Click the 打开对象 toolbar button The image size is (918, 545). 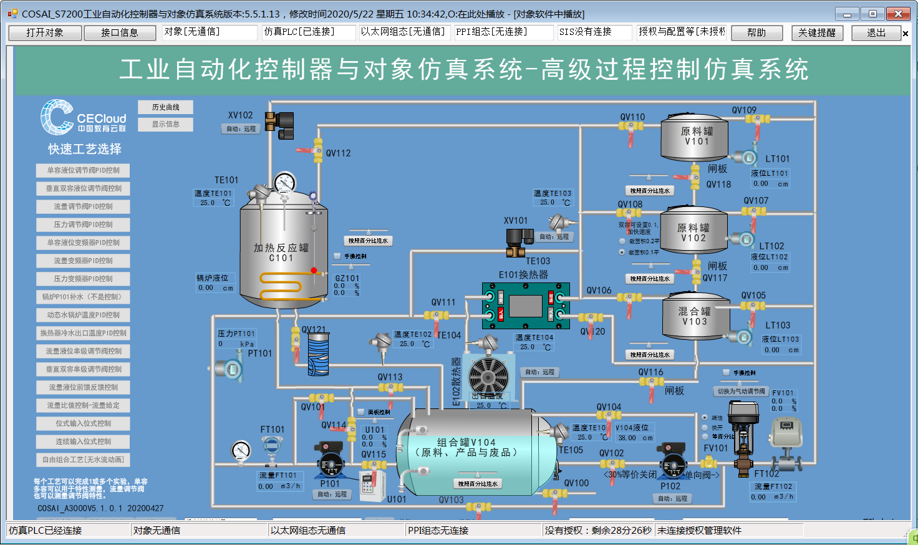click(45, 32)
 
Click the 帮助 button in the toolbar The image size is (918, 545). click(756, 32)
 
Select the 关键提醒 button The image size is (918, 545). click(817, 32)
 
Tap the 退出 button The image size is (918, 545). click(876, 32)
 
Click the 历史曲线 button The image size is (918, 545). click(165, 107)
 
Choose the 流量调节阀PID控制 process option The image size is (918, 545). click(83, 206)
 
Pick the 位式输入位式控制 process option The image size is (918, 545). click(83, 423)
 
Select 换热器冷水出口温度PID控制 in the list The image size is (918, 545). click(83, 333)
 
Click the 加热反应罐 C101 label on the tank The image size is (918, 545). click(281, 253)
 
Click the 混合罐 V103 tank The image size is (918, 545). click(695, 317)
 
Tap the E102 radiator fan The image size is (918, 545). click(488, 376)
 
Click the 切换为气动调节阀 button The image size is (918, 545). click(741, 392)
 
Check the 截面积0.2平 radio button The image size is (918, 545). click(622, 241)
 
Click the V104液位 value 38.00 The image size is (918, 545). click(627, 438)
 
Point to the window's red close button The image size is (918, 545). click(897, 14)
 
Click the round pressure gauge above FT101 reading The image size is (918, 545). click(241, 450)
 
